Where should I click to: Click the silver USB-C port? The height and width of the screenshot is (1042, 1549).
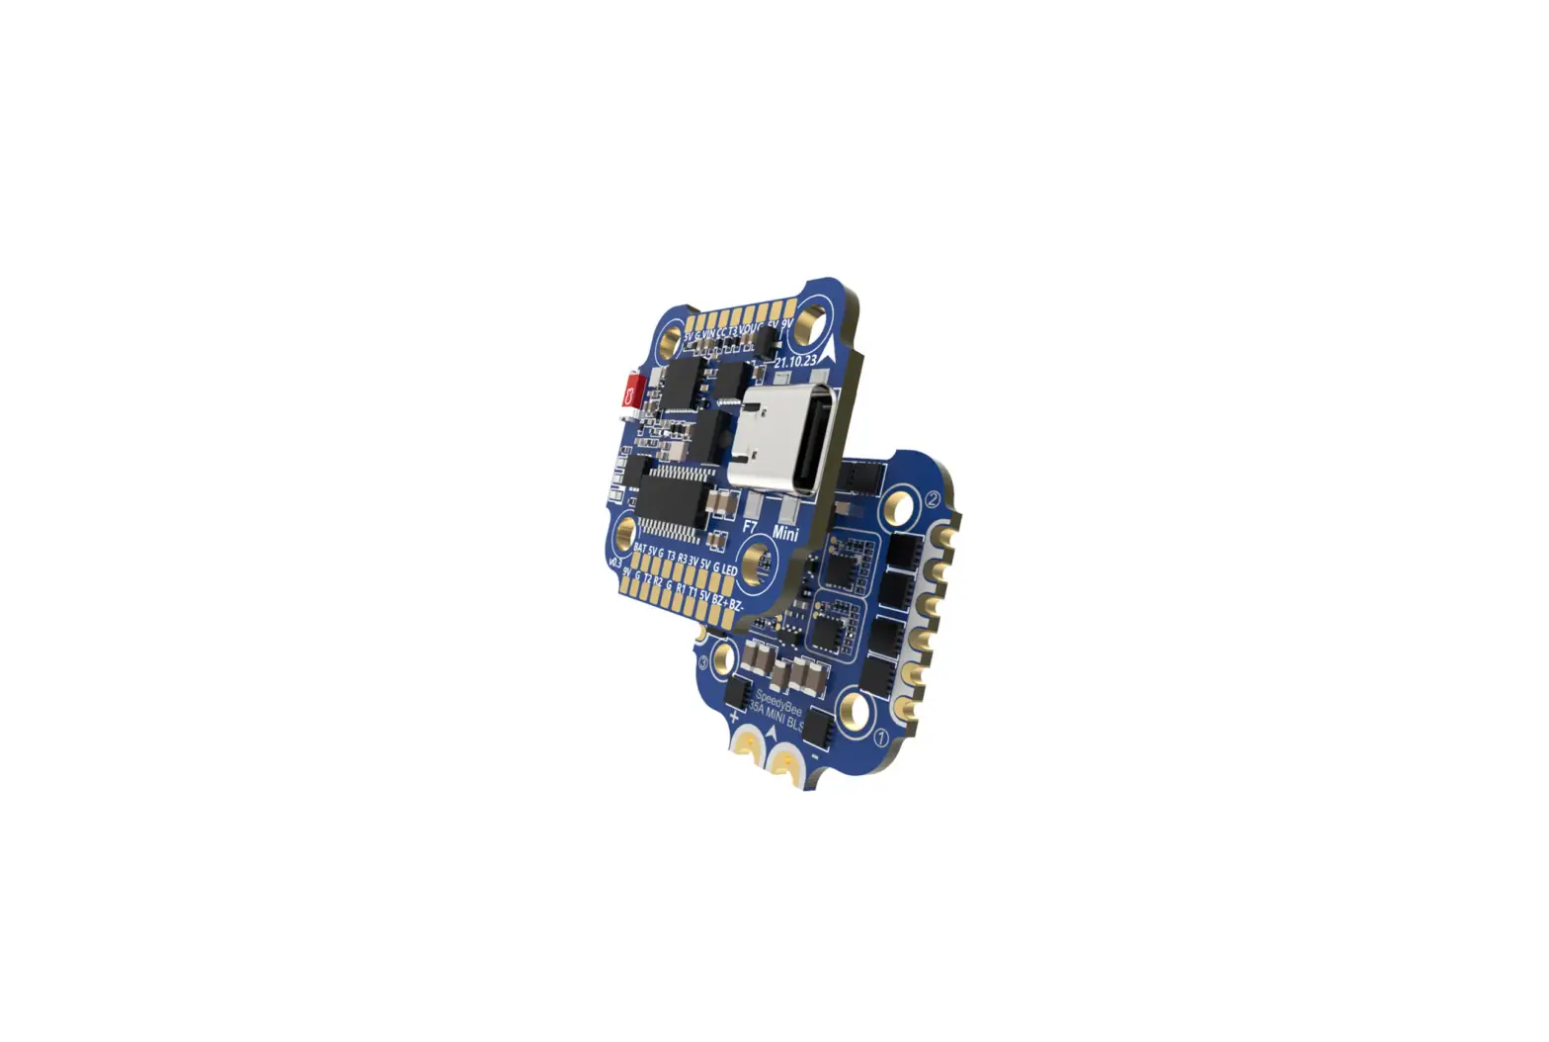click(785, 436)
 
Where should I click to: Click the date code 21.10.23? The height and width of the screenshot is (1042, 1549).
click(795, 363)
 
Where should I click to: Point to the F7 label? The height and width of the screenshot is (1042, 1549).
click(750, 526)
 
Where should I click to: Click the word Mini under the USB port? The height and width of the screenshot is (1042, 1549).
click(786, 534)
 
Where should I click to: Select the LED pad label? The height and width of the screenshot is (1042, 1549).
click(730, 572)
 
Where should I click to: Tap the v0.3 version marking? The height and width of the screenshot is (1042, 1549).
click(614, 564)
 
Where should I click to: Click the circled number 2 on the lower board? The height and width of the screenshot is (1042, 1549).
click(931, 499)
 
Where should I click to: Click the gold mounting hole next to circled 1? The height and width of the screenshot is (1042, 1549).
click(852, 708)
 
